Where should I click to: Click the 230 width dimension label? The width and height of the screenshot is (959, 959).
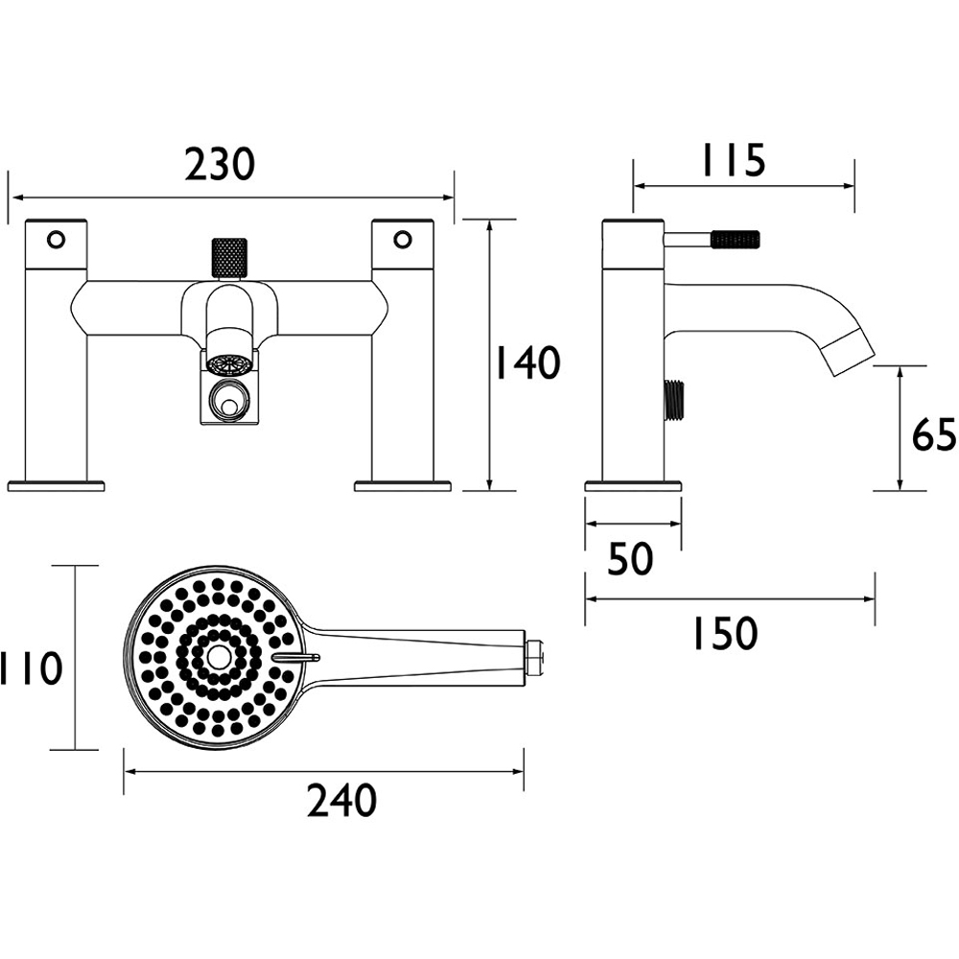pos(220,164)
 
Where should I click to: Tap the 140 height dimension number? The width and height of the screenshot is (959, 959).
pos(526,363)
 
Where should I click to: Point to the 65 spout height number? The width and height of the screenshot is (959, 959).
pos(933,434)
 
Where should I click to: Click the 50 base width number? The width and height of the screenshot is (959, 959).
pos(631,558)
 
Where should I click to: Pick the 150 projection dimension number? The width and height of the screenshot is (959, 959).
pos(725,633)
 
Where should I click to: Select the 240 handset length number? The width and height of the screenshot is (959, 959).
pos(341,801)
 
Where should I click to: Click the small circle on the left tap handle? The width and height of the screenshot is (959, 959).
pos(56,239)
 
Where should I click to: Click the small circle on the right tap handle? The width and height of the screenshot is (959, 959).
pos(403,239)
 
